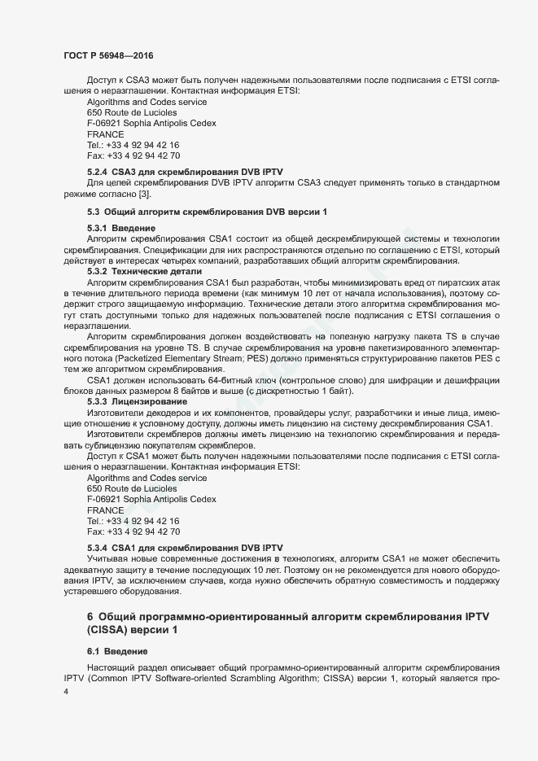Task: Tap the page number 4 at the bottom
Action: click(x=66, y=691)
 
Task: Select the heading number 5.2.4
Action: click(x=98, y=173)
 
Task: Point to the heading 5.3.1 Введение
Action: click(x=121, y=228)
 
